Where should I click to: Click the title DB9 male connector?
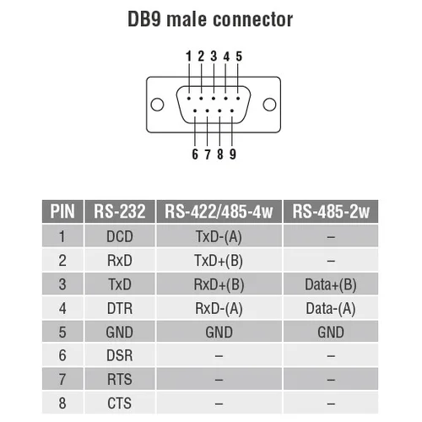(211, 18)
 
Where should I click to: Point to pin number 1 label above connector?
(190, 57)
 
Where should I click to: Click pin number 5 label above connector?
(239, 57)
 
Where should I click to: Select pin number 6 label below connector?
(195, 154)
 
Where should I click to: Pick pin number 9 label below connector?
(232, 154)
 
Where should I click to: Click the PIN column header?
(62, 212)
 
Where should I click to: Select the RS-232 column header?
(119, 212)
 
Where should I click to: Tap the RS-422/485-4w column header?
(219, 212)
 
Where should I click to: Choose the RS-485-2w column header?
(331, 212)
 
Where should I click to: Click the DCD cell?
(119, 237)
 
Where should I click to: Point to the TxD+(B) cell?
(219, 261)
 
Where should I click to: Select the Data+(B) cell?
(331, 284)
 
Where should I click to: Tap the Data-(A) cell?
(331, 308)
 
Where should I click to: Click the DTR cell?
(119, 308)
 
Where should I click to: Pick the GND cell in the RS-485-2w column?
(331, 332)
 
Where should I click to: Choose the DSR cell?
(119, 355)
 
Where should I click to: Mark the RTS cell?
(119, 379)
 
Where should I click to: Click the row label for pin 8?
(62, 403)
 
